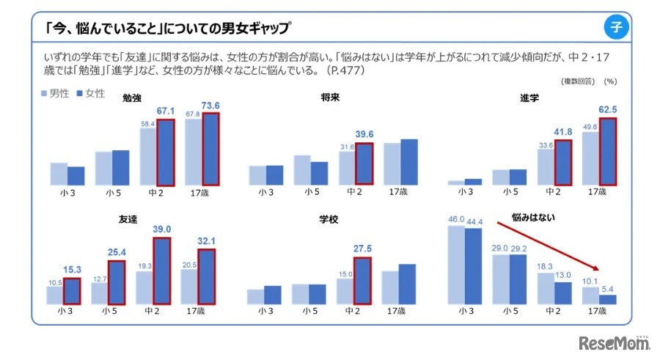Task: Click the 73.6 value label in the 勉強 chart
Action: point(211,106)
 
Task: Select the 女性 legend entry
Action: point(91,94)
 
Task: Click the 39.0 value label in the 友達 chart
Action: point(163,229)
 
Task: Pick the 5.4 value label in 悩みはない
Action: point(608,289)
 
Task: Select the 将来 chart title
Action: point(330,98)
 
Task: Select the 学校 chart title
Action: point(329,218)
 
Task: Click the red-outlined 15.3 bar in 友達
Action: point(72,291)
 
